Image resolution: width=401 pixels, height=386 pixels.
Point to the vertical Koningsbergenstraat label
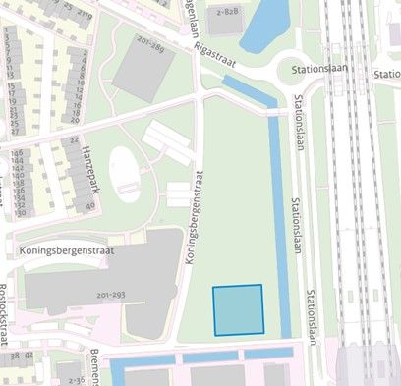pos(192,220)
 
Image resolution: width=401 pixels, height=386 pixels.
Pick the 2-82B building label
pos(228,12)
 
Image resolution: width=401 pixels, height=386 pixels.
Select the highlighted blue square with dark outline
pos(239,309)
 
